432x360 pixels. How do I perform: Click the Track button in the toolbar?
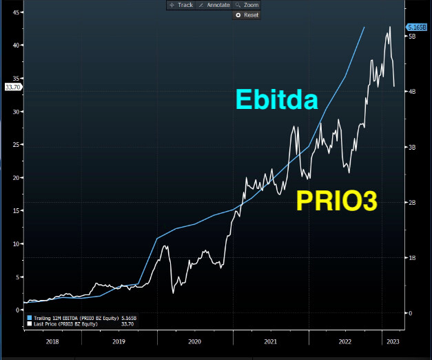coord(181,5)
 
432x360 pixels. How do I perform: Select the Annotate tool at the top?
coord(214,5)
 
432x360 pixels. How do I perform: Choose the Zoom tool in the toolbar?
coord(247,5)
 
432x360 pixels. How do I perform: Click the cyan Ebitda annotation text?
coord(276,100)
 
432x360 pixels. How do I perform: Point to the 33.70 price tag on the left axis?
coord(13,88)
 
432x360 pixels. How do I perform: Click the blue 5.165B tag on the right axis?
coord(418,27)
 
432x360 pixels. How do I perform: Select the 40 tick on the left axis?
coord(17,46)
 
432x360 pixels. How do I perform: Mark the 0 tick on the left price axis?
coord(19,310)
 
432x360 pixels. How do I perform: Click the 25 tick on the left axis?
coord(17,145)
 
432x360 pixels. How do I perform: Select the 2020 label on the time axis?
coord(194,341)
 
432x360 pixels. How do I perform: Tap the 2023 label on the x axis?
coord(392,341)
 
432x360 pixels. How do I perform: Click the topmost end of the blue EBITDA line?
coord(364,27)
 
